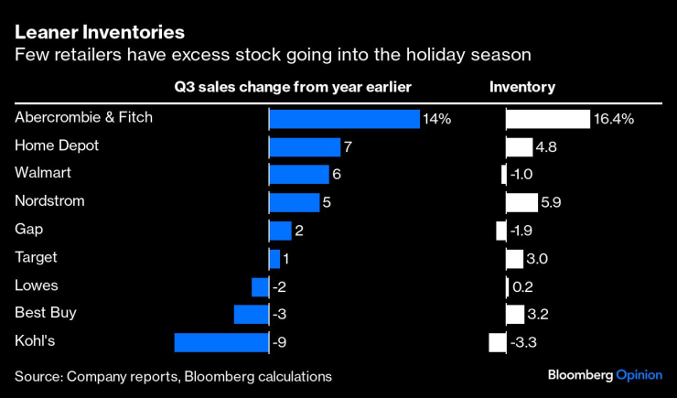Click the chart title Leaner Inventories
pyautogui.click(x=99, y=32)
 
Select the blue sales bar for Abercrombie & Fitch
pyautogui.click(x=343, y=119)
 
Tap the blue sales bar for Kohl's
pyautogui.click(x=220, y=342)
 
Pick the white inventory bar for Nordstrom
pyautogui.click(x=522, y=202)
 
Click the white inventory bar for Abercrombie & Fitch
pyautogui.click(x=548, y=119)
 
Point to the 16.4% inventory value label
pyautogui.click(x=614, y=119)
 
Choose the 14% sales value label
pyautogui.click(x=436, y=119)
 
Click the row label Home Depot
pyautogui.click(x=57, y=145)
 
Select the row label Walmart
pyautogui.click(x=43, y=173)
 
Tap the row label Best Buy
pyautogui.click(x=45, y=313)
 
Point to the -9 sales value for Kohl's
pyautogui.click(x=281, y=343)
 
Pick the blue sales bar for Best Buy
pyautogui.click(x=251, y=315)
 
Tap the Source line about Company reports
pyautogui.click(x=173, y=376)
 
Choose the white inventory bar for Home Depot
pyautogui.click(x=520, y=146)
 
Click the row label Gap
pyautogui.click(x=29, y=229)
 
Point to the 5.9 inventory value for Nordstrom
pyautogui.click(x=553, y=203)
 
